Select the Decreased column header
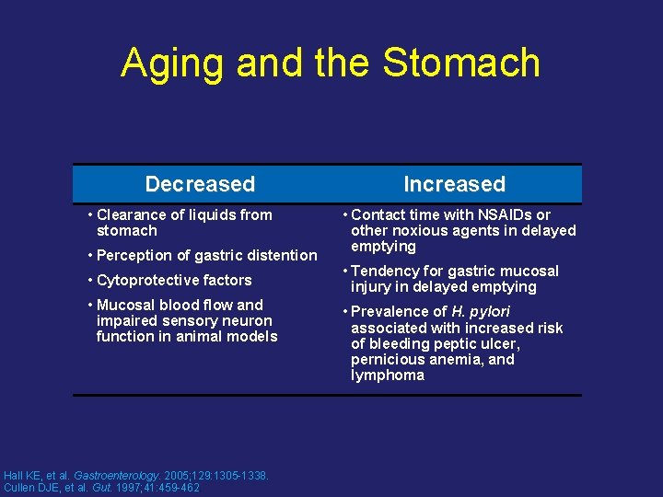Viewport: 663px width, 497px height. tap(200, 184)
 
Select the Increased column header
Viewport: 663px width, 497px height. tap(454, 184)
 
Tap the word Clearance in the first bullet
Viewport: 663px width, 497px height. tap(131, 214)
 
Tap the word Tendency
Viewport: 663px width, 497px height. tap(386, 271)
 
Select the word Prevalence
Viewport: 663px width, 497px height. tap(390, 311)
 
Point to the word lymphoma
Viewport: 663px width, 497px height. tap(388, 375)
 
